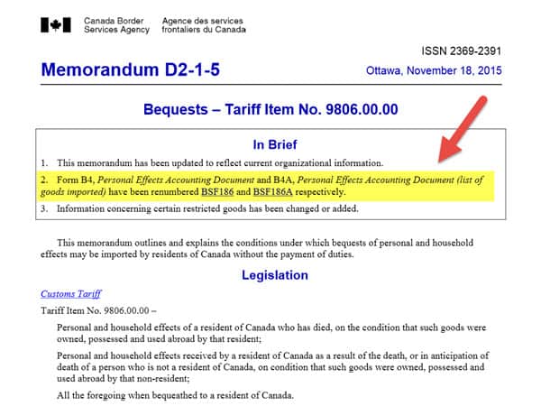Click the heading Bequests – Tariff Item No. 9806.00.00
pyautogui.click(x=271, y=111)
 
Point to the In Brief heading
pyautogui.click(x=270, y=143)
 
